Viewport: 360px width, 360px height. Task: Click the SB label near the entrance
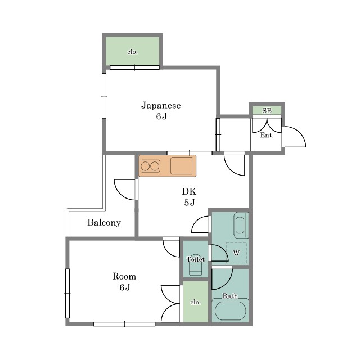tap(267, 111)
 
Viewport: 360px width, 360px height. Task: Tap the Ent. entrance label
tap(267, 135)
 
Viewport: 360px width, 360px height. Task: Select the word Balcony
tap(104, 223)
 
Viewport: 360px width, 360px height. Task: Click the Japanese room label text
tap(161, 106)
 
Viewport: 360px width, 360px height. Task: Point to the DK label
tap(190, 191)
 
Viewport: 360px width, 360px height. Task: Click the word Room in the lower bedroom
tap(124, 276)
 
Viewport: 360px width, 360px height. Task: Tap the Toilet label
tap(196, 259)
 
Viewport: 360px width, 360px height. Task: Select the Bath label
tap(230, 296)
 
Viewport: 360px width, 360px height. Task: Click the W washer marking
tap(236, 253)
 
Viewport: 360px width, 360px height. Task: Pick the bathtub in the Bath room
tap(230, 310)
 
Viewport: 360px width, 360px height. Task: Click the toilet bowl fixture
tap(196, 268)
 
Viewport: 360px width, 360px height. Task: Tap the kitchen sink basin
tap(182, 165)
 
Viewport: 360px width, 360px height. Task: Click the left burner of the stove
tap(145, 166)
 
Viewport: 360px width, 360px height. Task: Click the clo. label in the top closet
tap(133, 52)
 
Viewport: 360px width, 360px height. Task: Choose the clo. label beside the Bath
tap(195, 302)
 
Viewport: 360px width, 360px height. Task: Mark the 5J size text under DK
tap(190, 202)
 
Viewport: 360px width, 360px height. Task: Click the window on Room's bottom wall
tap(124, 324)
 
